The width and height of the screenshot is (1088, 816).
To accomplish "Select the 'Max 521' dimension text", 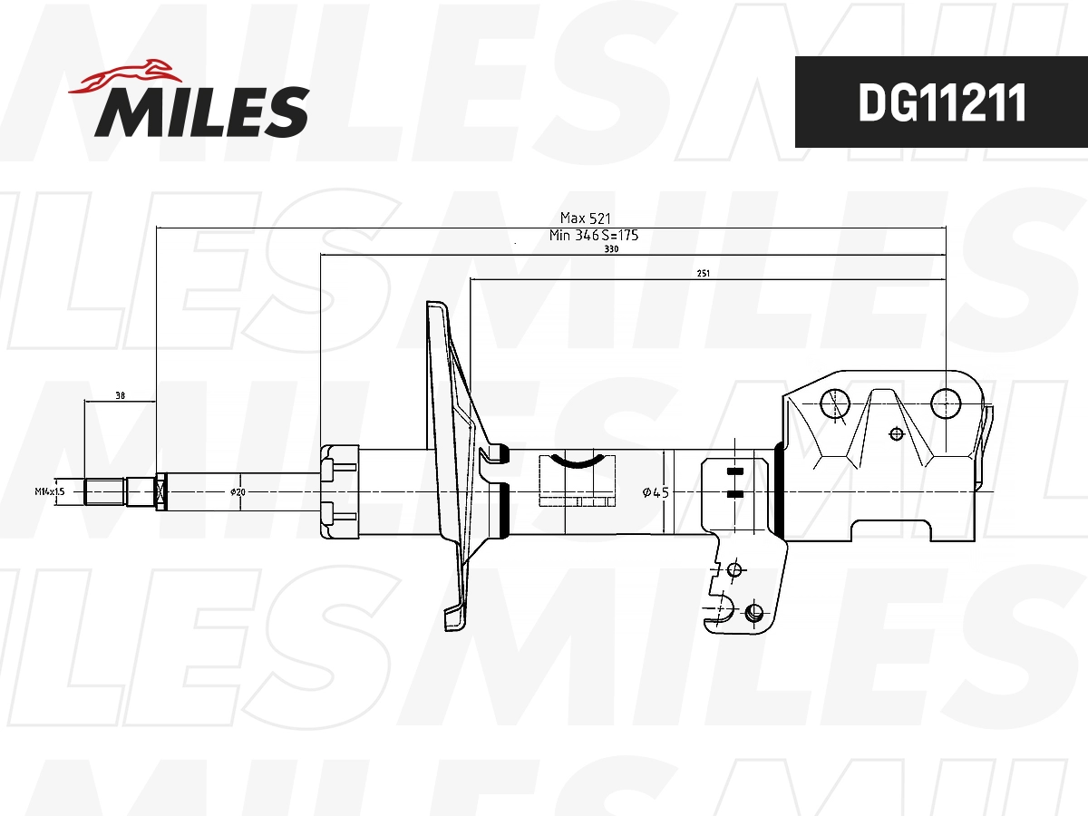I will [586, 218].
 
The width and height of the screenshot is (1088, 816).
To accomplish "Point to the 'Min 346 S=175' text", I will [594, 235].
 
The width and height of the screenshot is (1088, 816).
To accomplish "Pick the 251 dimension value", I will [703, 273].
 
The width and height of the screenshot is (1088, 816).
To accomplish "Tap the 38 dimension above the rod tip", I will [120, 395].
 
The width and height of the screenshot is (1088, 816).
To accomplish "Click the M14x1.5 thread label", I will [50, 491].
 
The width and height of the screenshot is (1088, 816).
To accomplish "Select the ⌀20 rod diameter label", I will [238, 491].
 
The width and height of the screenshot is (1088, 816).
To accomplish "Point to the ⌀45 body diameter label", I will [655, 492].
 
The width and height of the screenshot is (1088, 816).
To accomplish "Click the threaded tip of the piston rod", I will [104, 491].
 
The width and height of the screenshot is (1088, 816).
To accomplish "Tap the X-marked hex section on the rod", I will [161, 491].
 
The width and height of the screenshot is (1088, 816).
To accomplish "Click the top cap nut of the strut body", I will [340, 491].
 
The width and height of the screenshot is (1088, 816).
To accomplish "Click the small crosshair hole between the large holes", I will [897, 433].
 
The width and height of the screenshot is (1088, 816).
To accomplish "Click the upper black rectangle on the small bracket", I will [734, 471].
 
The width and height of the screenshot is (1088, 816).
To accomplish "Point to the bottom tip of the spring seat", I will [451, 624].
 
